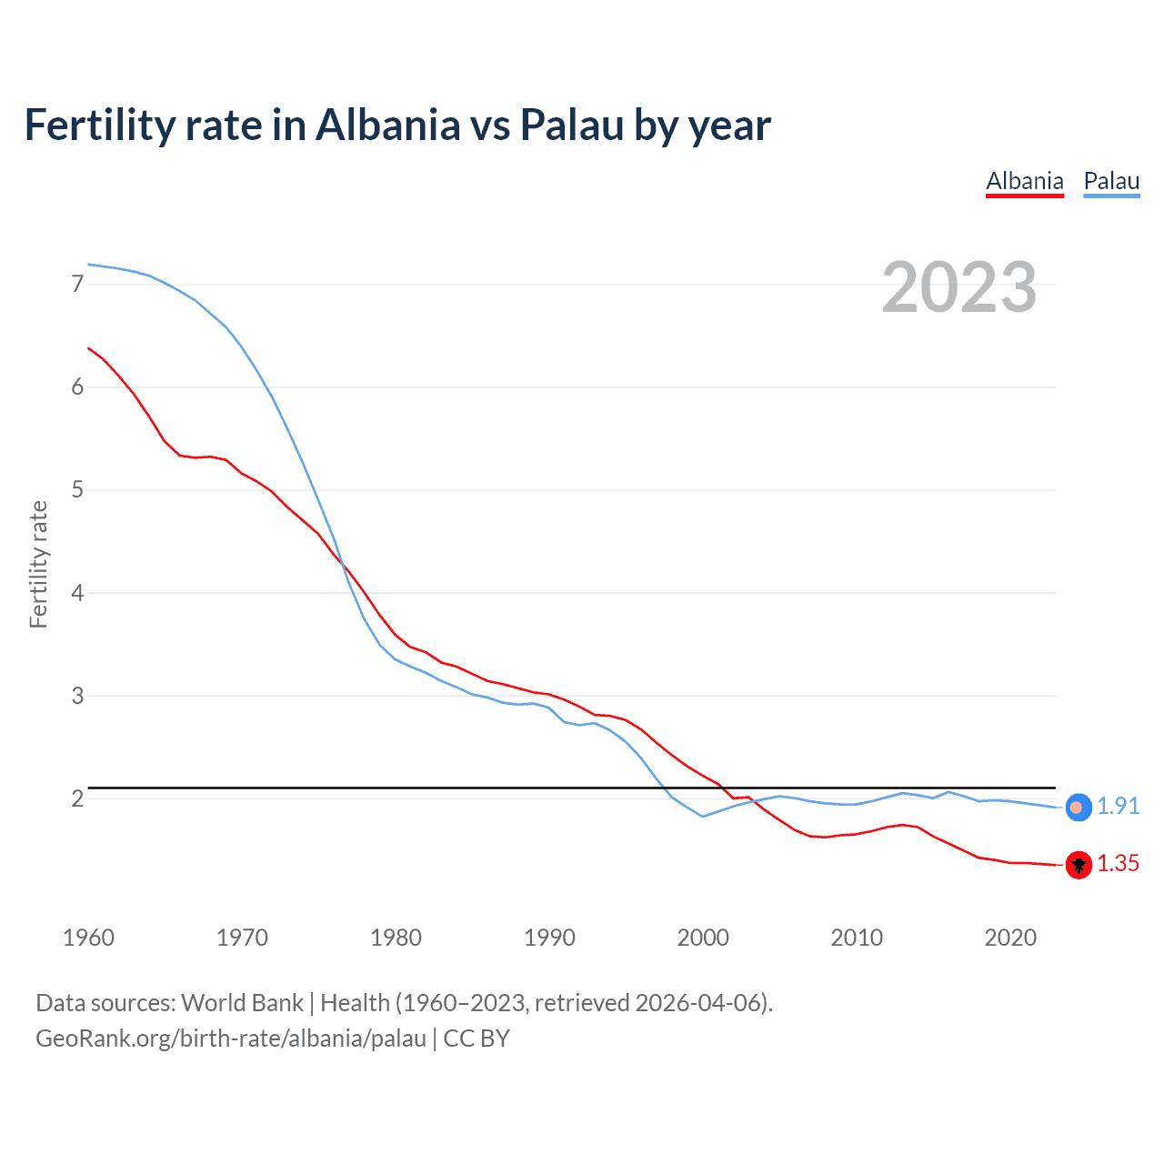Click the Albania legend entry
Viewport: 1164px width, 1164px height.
coord(1025,181)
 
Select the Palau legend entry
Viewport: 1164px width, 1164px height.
coord(1111,181)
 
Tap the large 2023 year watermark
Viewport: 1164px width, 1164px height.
coord(958,287)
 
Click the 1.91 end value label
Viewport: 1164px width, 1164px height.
coord(1118,807)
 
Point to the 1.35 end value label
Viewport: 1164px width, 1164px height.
coord(1118,864)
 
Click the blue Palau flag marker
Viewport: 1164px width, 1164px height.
coord(1078,808)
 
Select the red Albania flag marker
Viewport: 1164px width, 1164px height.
coord(1079,865)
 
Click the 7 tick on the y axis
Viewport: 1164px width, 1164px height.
coord(77,285)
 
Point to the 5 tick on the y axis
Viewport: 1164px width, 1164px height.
coord(77,490)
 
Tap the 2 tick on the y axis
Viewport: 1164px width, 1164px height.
coord(77,799)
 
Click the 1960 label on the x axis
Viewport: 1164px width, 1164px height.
coord(88,938)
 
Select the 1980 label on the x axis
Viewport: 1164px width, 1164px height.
coord(396,938)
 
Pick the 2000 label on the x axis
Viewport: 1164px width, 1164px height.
coord(703,938)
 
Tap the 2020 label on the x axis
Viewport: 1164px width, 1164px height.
coord(1010,938)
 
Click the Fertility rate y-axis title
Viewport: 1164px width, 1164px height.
coord(38,564)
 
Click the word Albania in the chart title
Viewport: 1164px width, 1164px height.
coord(388,125)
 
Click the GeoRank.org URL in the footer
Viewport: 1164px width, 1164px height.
coord(231,1039)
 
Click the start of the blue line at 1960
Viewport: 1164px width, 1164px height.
coord(89,265)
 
